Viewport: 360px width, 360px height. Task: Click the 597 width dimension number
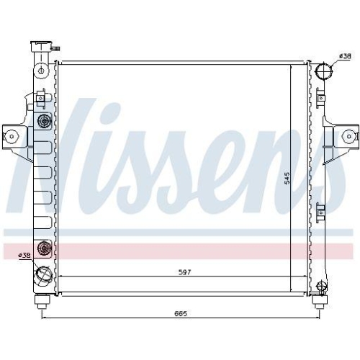pos(176,271)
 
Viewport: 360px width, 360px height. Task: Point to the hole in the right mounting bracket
pos(348,135)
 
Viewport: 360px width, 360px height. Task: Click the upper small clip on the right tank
pos(321,96)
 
